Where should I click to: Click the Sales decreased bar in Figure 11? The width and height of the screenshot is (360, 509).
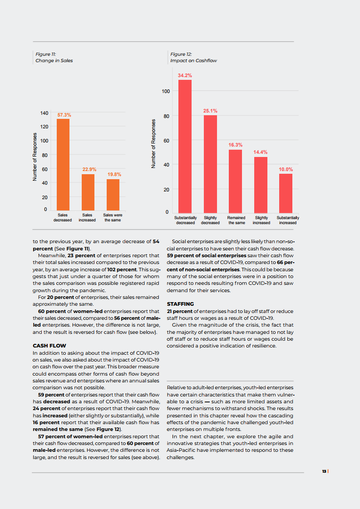[63, 164]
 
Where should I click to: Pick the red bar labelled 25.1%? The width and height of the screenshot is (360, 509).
[210, 164]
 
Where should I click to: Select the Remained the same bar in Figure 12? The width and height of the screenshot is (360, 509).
[235, 181]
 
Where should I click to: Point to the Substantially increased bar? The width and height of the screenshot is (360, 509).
[286, 193]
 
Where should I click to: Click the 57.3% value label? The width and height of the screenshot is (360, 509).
[64, 115]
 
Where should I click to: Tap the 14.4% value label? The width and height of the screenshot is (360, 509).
[261, 152]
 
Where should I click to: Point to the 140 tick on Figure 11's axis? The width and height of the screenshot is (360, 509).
[44, 113]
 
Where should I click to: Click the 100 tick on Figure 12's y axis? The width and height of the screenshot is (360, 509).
[166, 92]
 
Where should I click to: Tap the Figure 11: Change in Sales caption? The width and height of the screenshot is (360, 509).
[54, 57]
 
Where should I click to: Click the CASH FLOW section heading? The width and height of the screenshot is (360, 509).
[49, 346]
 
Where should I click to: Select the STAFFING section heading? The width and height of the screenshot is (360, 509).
[180, 304]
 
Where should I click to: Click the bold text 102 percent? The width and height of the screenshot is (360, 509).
[122, 269]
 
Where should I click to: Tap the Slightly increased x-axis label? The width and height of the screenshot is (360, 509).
[261, 220]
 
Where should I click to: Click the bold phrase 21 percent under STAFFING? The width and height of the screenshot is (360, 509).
[180, 311]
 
